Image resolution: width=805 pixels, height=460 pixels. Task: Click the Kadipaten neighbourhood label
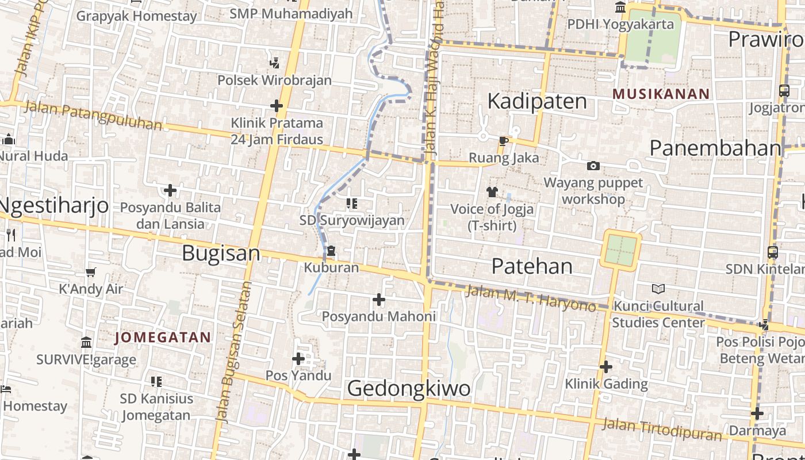point(537,101)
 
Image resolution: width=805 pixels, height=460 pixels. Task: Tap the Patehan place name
point(532,266)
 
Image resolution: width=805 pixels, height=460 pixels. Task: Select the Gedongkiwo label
point(409,389)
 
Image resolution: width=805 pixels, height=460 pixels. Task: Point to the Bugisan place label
point(221,254)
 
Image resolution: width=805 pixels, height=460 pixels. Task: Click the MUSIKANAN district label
point(661,94)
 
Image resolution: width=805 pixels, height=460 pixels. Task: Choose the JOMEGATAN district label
point(163,338)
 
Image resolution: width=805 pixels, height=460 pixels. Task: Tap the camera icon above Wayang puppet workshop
point(593,166)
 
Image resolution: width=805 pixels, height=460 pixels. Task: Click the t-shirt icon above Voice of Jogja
point(492,192)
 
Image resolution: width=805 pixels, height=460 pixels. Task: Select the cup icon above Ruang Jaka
point(504,141)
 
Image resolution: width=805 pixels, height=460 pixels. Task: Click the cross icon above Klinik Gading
point(605,367)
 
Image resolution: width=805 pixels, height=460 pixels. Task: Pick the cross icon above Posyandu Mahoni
point(378,300)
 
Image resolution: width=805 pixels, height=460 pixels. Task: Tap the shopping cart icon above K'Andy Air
point(90,272)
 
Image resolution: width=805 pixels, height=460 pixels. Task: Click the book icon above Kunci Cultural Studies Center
point(658,289)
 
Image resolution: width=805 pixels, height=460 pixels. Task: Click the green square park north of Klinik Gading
point(620,250)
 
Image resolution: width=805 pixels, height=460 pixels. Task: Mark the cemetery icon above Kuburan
point(331,251)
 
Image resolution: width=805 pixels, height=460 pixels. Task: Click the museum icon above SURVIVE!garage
point(86,343)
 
